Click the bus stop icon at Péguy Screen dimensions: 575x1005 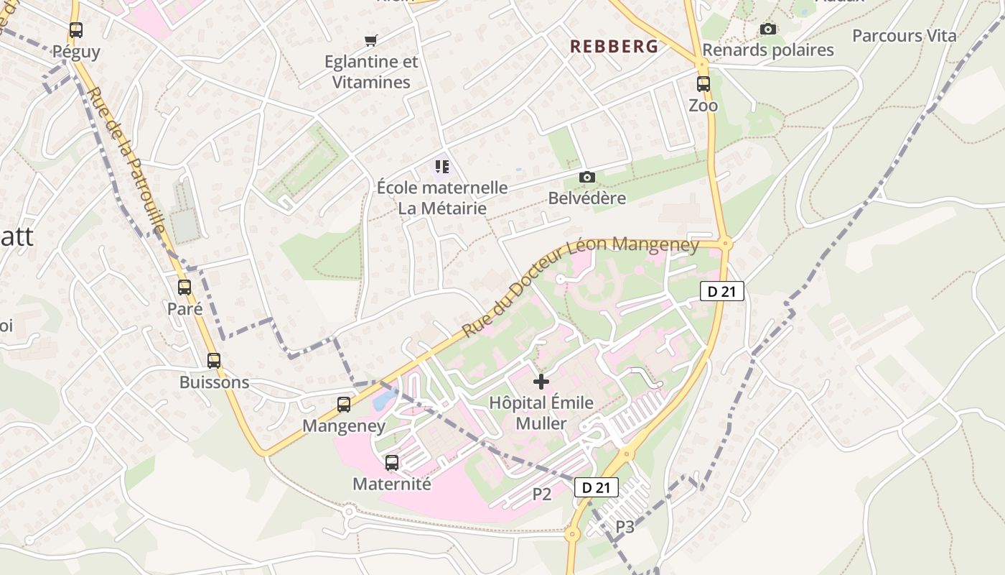[x=76, y=30]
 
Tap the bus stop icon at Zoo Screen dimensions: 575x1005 [x=703, y=84]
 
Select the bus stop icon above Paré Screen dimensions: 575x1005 [x=184, y=287]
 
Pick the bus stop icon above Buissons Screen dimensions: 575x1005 [x=214, y=361]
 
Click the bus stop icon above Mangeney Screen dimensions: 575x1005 [x=344, y=405]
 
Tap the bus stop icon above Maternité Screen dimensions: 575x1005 [x=392, y=463]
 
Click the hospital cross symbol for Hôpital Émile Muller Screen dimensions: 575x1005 [x=541, y=382]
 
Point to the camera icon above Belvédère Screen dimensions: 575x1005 [x=587, y=178]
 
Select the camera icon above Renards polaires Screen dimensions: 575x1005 [x=768, y=29]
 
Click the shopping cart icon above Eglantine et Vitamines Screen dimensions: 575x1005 [x=371, y=40]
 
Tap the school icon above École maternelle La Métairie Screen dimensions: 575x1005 [x=442, y=167]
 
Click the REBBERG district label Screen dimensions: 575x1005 [x=614, y=47]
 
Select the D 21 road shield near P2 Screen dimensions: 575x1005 [x=596, y=487]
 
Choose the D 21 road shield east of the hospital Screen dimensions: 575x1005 [x=721, y=291]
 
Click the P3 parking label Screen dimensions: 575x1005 [x=625, y=527]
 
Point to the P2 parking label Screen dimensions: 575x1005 [x=541, y=494]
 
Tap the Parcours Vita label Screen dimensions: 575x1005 [x=904, y=36]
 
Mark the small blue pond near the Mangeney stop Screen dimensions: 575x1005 [x=385, y=397]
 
